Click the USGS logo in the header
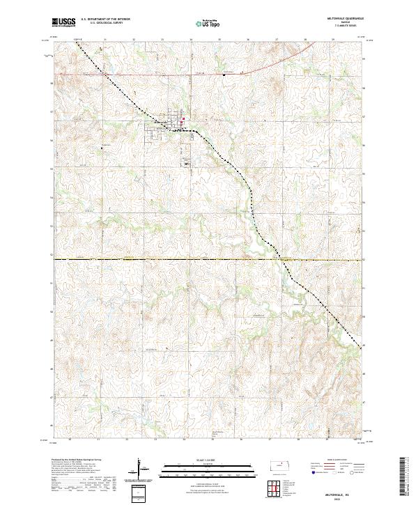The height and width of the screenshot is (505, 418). point(63,23)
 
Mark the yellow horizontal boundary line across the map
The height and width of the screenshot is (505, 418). point(174,260)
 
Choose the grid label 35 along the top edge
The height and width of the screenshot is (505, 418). point(219,40)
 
